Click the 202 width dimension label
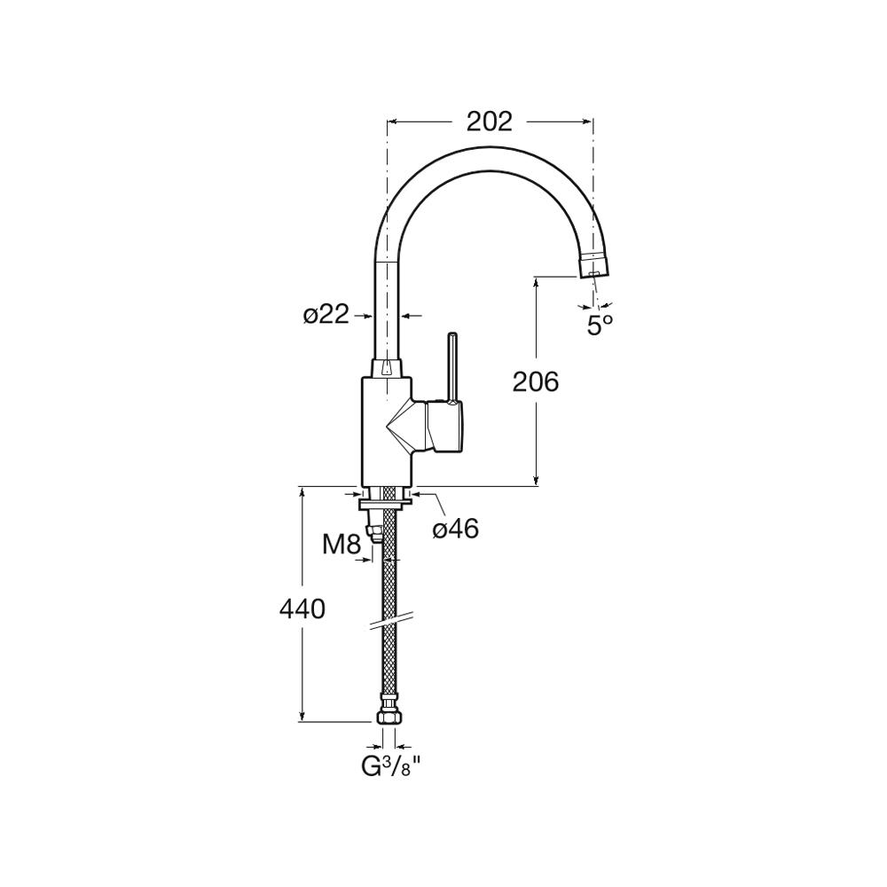click(490, 122)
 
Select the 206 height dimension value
click(535, 381)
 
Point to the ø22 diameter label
click(326, 315)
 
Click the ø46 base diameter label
click(456, 529)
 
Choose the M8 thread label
click(341, 545)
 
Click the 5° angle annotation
click(600, 326)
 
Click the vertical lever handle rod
click(452, 368)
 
